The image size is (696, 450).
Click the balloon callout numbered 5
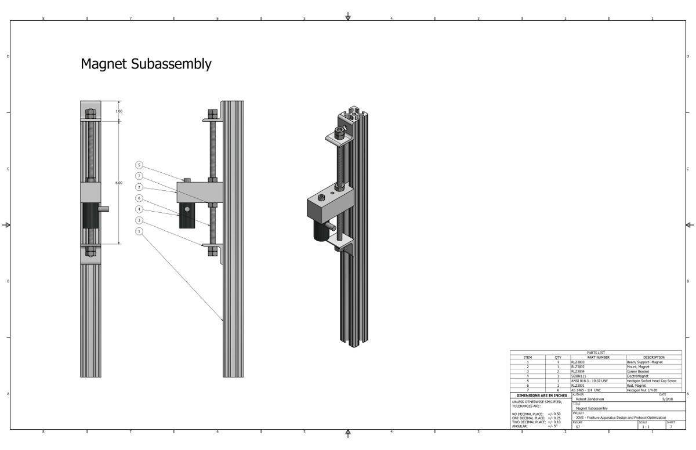click(x=139, y=165)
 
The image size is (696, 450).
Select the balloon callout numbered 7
click(x=139, y=176)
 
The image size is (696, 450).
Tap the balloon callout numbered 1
click(x=139, y=231)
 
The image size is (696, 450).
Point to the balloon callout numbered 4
click(x=139, y=209)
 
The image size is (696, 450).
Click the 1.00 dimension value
click(x=119, y=111)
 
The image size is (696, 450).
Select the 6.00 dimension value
click(x=119, y=183)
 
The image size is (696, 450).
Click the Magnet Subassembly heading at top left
click(x=146, y=64)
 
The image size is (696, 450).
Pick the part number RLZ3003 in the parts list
click(x=578, y=362)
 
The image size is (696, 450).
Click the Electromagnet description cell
click(x=639, y=376)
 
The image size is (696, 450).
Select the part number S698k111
click(x=579, y=376)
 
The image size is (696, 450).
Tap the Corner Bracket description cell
click(x=638, y=371)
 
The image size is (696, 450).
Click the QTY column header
click(x=558, y=357)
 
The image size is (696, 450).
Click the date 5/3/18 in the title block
click(x=667, y=399)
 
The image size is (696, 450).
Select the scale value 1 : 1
click(x=645, y=427)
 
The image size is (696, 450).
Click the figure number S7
click(x=578, y=427)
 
